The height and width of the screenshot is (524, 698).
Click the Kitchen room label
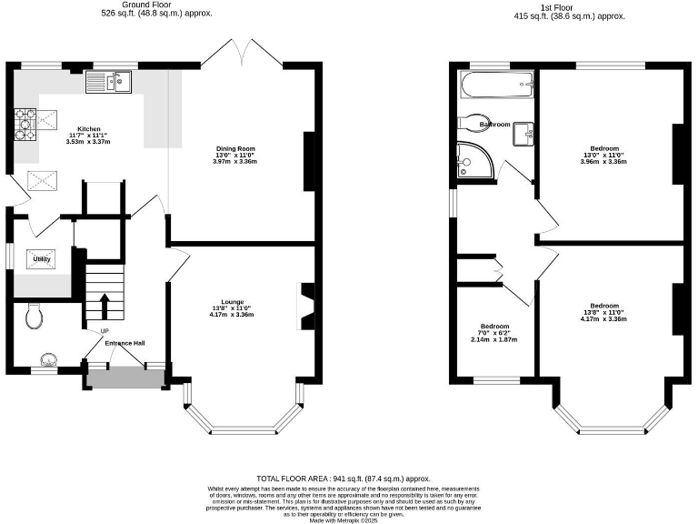click(88, 129)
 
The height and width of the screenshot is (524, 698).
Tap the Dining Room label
click(235, 148)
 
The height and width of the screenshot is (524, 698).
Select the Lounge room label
click(233, 301)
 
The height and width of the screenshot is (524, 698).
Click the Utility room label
click(42, 260)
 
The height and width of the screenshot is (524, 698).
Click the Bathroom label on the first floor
click(494, 124)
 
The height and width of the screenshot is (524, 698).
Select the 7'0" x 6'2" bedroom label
click(494, 327)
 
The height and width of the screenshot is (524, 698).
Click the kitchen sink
click(109, 84)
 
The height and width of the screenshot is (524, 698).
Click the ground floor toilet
click(35, 316)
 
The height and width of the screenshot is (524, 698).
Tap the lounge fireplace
click(306, 306)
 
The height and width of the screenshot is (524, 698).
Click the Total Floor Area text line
click(343, 479)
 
